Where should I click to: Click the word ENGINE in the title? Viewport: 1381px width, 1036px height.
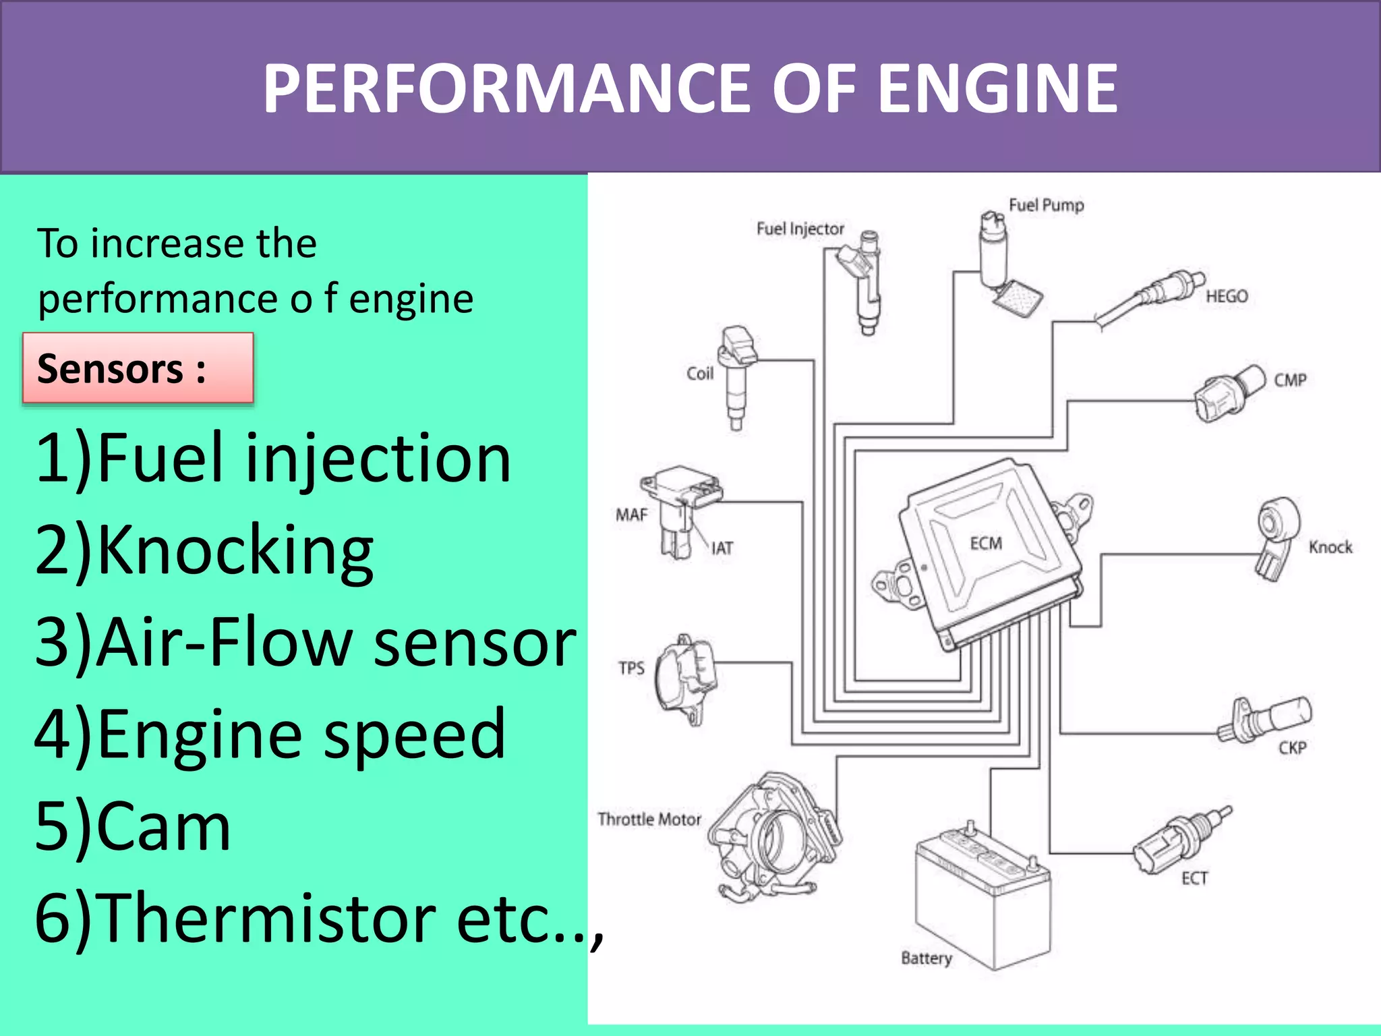click(x=998, y=88)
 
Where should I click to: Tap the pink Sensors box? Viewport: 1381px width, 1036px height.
click(x=138, y=368)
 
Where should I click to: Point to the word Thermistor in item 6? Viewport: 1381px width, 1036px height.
click(x=270, y=917)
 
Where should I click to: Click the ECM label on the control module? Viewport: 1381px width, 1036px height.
click(x=986, y=543)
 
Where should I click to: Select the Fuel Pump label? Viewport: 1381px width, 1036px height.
click(x=1046, y=205)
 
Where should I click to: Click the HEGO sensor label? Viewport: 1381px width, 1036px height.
click(x=1227, y=296)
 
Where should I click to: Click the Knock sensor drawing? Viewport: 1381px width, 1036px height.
click(x=1276, y=536)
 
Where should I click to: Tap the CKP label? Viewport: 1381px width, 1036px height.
click(x=1292, y=747)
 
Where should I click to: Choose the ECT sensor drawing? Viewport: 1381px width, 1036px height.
click(x=1177, y=843)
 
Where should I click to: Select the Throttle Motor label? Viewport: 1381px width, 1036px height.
click(x=649, y=819)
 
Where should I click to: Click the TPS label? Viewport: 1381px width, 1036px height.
click(x=631, y=668)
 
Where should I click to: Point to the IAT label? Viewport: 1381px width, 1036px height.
click(x=722, y=548)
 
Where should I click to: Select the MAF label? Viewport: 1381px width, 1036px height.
click(x=631, y=515)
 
